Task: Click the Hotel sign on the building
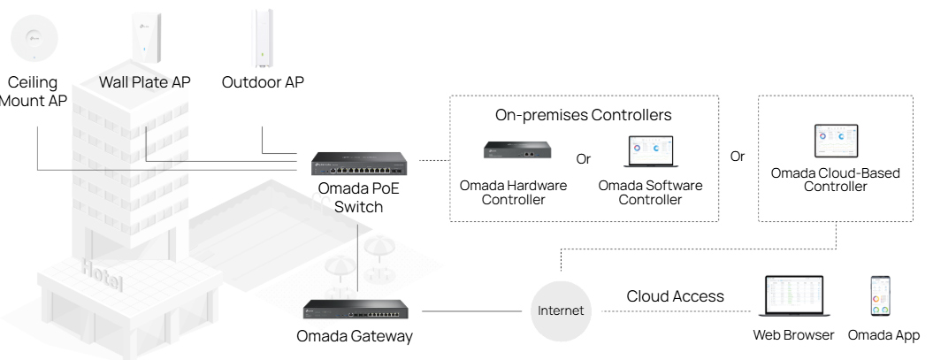click(103, 272)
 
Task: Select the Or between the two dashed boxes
click(738, 156)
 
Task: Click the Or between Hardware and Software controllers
click(583, 159)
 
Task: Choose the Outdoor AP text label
click(263, 82)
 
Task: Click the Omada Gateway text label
click(355, 336)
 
